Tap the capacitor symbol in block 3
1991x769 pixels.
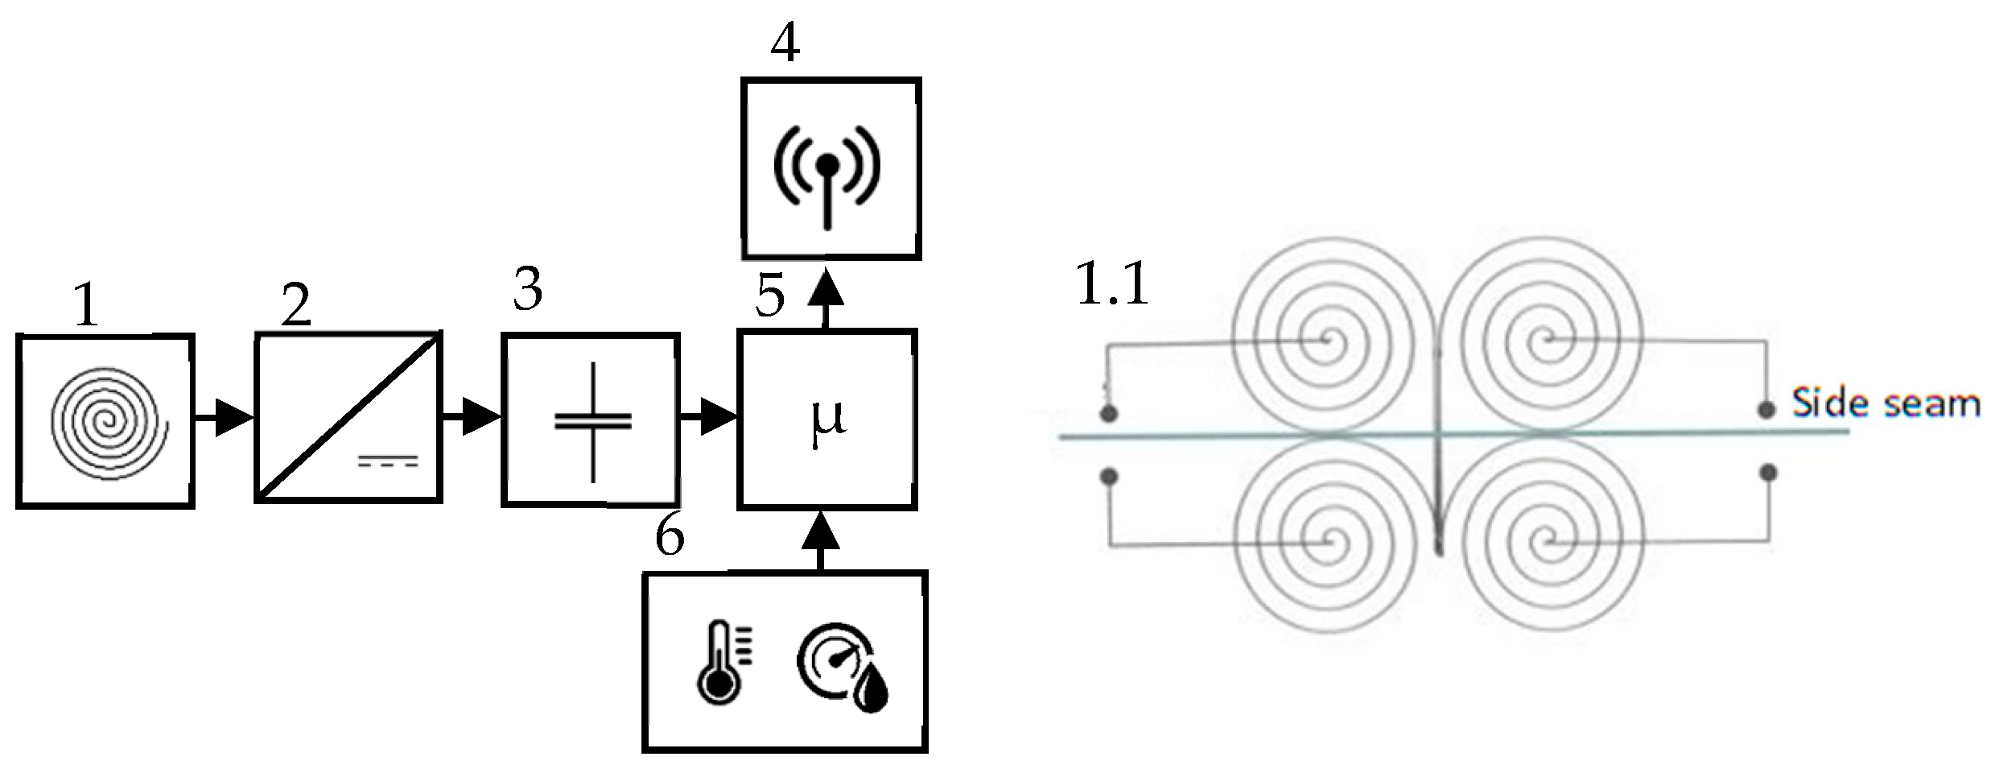pos(593,422)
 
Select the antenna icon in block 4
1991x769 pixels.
pos(828,169)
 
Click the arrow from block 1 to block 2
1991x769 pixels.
pos(225,419)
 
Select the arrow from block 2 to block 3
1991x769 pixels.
pos(472,419)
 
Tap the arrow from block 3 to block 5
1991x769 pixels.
pos(709,419)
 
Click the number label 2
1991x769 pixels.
pos(296,306)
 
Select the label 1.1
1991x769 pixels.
pos(1112,283)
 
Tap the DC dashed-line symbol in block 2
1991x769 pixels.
pos(389,461)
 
